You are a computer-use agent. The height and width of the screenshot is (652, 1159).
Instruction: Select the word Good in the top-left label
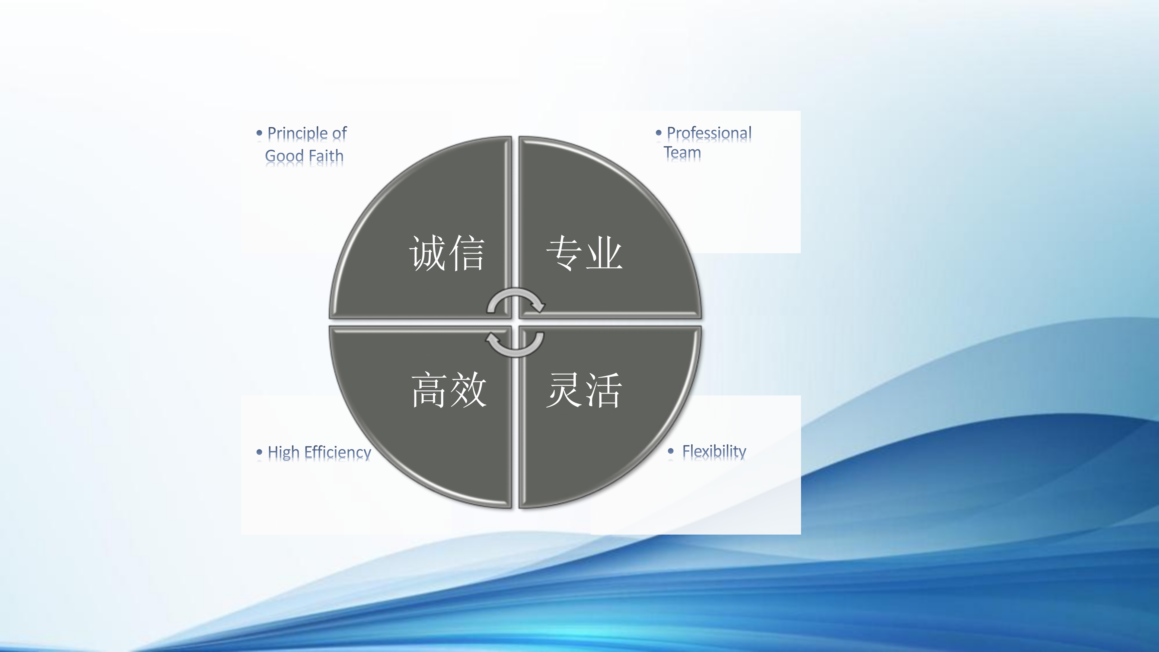(x=284, y=156)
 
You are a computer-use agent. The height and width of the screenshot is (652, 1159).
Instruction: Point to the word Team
(x=682, y=152)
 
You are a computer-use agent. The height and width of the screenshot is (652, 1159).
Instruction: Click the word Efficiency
(x=338, y=452)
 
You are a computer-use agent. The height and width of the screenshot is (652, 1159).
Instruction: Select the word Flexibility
(x=714, y=451)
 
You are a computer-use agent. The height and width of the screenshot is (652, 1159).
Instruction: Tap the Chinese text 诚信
(x=447, y=253)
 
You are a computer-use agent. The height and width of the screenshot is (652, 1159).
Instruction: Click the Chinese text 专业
(x=584, y=253)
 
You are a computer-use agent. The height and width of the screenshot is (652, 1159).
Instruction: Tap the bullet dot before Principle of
(x=259, y=133)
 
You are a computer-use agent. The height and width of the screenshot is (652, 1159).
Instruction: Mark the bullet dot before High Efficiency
(x=259, y=452)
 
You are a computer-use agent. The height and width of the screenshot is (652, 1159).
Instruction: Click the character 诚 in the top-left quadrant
(x=427, y=253)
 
